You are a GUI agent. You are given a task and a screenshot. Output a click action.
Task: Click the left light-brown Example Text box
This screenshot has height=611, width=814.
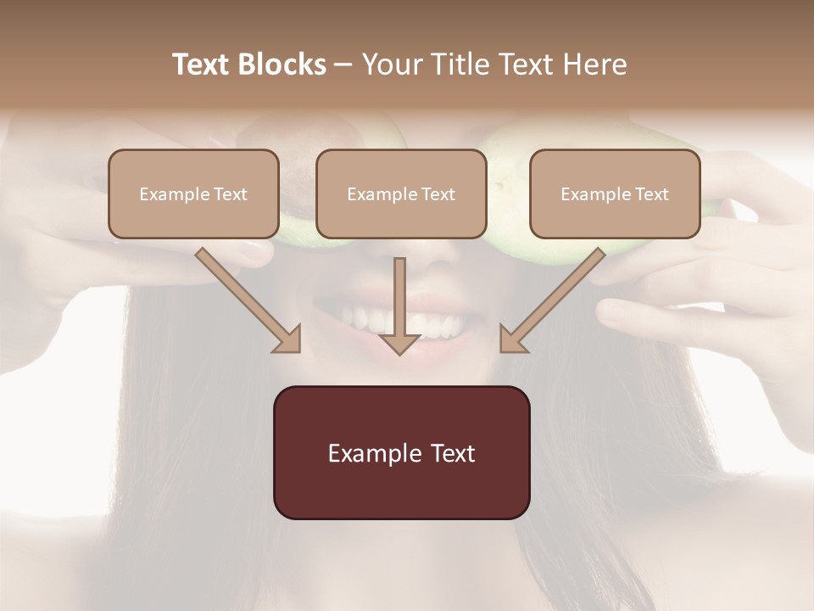coord(193,193)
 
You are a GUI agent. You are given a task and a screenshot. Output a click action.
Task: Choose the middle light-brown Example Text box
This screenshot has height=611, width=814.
coord(401,193)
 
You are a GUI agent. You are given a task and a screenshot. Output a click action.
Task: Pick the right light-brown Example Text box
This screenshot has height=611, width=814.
coord(615,193)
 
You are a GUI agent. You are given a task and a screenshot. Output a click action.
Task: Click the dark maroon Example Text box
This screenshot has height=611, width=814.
coord(401,452)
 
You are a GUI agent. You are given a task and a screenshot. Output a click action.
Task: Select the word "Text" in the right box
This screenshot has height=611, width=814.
coord(650,194)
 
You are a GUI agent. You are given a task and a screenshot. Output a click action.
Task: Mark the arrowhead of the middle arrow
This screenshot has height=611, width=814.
coord(399,343)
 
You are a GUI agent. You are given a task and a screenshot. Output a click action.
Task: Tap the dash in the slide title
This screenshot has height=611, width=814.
coord(343,64)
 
